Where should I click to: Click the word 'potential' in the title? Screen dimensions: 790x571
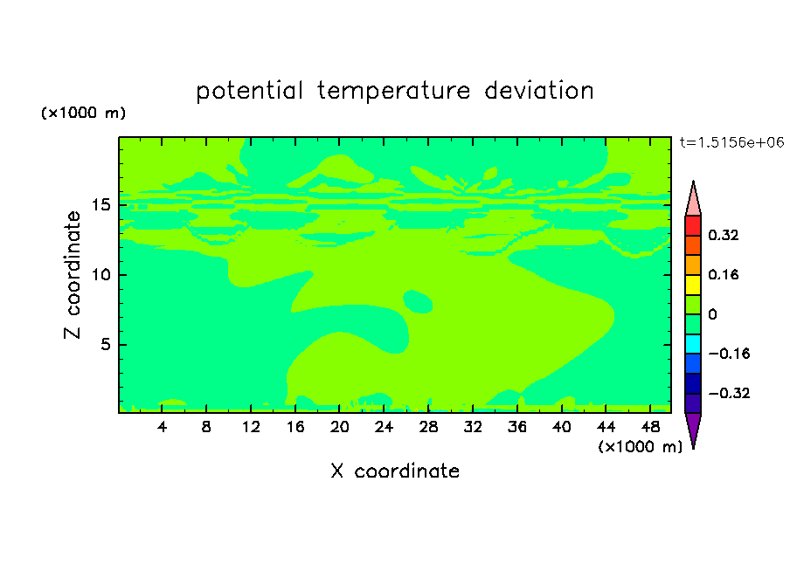coord(249,91)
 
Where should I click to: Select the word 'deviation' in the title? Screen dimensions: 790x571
coord(539,91)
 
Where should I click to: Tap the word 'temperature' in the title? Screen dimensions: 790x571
coord(393,91)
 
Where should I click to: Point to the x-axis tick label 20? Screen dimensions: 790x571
coord(339,427)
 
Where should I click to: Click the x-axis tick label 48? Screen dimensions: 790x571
coord(650,427)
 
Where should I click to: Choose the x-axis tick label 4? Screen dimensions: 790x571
coord(162,427)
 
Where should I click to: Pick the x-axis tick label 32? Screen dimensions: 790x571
coord(473,427)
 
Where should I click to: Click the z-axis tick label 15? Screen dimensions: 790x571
coord(100,205)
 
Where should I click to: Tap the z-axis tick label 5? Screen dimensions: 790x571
coord(105,344)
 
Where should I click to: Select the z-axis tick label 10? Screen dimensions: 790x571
coord(100,274)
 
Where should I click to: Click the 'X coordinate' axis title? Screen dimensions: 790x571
coord(395,471)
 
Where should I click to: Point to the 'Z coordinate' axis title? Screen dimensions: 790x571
coord(73,274)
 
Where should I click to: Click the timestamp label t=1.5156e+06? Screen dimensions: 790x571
coord(731,142)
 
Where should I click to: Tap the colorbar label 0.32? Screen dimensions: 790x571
coord(723,235)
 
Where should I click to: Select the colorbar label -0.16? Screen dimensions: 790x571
coord(729,354)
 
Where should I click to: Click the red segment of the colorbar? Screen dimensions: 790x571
coord(693,225)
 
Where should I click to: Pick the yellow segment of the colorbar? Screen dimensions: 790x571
coord(693,285)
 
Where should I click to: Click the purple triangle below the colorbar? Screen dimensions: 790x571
coord(693,428)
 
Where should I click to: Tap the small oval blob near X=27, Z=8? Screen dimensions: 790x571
coord(418,301)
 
